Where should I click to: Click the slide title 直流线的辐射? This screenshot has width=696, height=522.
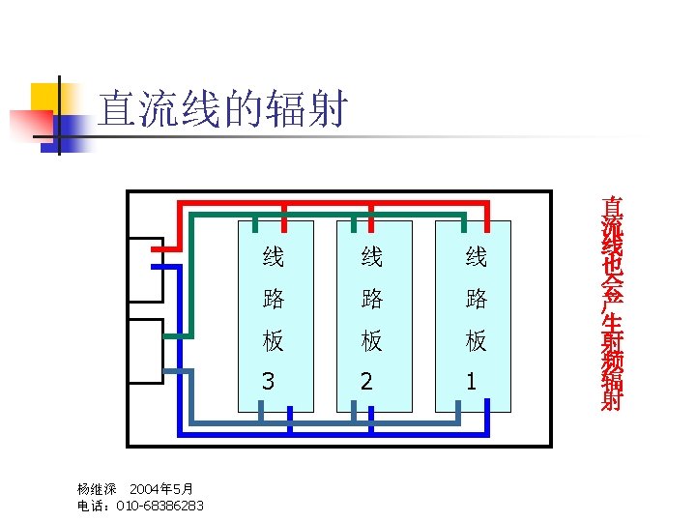pos(222,110)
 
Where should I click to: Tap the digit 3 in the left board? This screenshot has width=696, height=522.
pos(268,382)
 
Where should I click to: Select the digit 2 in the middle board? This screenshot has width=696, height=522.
pos(366,382)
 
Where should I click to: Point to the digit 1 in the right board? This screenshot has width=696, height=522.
pos(471,382)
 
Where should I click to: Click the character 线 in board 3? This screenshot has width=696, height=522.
pos(274,257)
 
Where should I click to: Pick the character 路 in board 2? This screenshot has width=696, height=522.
pos(372,300)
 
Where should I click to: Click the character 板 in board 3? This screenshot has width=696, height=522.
pos(274,341)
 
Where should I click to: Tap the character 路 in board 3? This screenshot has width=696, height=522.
pos(274,300)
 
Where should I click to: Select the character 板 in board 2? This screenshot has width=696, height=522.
pos(372,341)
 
